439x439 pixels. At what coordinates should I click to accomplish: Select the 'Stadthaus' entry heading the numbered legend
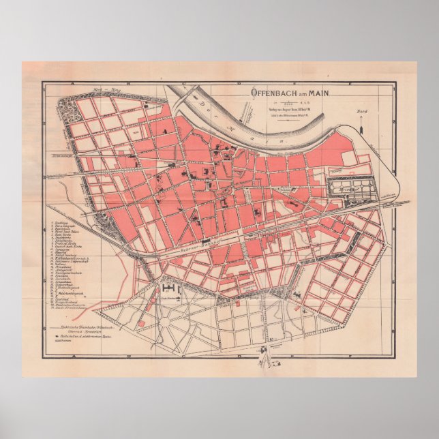click(x=61, y=222)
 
